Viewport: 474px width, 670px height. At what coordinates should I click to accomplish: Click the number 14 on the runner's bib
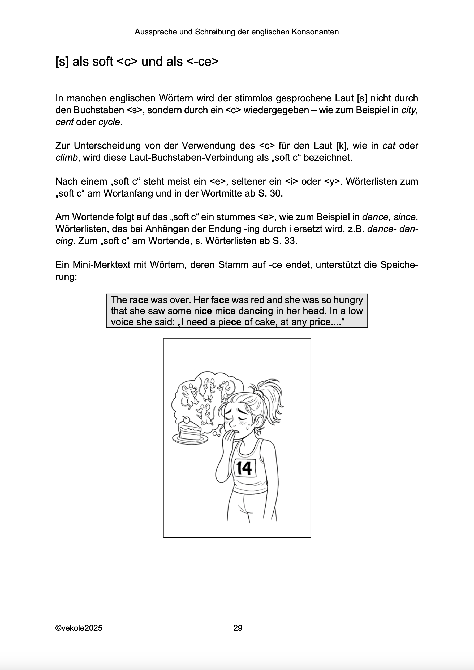(244, 468)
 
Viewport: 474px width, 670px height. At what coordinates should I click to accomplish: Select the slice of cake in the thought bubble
(189, 432)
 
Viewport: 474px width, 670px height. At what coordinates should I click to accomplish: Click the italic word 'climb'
(67, 158)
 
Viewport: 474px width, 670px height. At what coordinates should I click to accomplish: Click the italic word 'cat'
(389, 146)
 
